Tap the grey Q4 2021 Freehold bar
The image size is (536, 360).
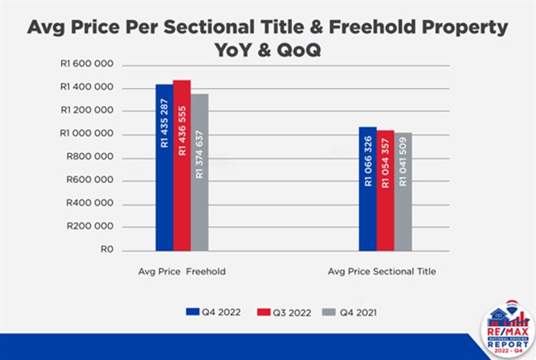[199, 172]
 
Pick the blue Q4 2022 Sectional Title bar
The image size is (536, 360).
[368, 188]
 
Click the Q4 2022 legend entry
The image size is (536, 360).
[210, 311]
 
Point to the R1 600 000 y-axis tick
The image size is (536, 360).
[87, 64]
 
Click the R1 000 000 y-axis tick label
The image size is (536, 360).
[87, 134]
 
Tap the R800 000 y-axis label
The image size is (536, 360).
[90, 158]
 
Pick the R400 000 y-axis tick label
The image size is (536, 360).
[90, 204]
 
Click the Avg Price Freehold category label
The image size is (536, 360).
[181, 271]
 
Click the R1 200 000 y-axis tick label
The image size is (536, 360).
[87, 111]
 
